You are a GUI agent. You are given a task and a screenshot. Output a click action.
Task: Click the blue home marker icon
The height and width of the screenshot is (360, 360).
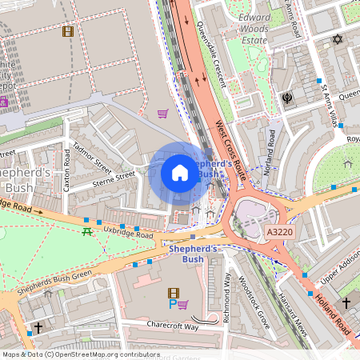pos(180,173)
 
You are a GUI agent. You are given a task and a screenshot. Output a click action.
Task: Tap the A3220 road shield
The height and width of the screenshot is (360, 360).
pos(276,231)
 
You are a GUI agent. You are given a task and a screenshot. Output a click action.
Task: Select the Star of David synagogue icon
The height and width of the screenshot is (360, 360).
pos(337,39)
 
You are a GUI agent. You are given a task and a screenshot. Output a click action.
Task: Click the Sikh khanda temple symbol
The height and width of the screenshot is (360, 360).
pos(286,98)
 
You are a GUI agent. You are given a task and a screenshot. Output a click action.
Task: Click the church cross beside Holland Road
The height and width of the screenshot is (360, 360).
pos(346,302)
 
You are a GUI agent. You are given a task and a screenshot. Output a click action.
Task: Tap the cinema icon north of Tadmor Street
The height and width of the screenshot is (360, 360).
pos(67,32)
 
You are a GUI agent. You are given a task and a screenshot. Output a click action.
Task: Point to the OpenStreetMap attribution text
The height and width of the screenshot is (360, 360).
pos(82,354)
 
